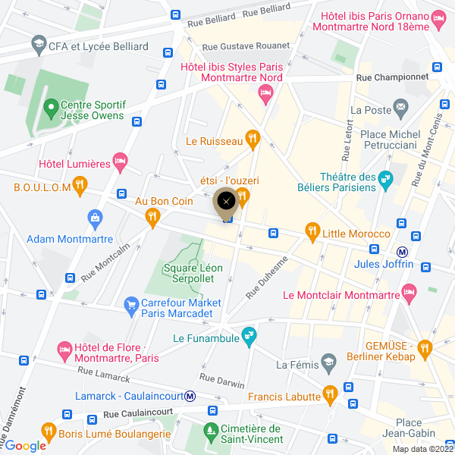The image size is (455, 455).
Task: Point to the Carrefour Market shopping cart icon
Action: [x=130, y=303]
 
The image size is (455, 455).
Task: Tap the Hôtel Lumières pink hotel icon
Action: [x=119, y=161]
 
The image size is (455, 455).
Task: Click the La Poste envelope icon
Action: [x=400, y=110]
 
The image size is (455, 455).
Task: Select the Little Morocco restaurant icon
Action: [x=311, y=230]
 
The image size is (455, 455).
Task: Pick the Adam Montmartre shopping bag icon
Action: [x=95, y=220]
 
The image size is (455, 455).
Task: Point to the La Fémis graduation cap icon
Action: [x=328, y=361]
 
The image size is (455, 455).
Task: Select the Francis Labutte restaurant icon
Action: [x=329, y=394]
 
